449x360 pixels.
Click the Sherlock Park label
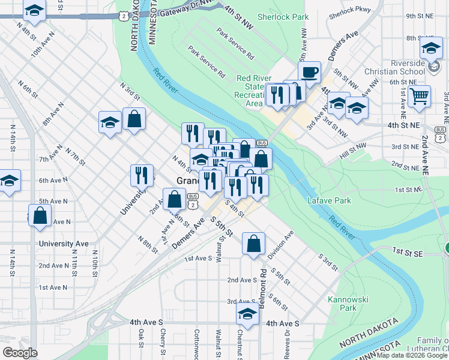tap(283, 17)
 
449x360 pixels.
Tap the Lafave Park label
tap(329, 200)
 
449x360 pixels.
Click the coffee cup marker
tap(310, 73)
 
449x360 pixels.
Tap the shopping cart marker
tap(419, 95)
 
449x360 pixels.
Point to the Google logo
tap(20, 353)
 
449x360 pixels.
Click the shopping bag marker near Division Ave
tap(253, 243)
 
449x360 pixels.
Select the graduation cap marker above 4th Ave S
tap(247, 314)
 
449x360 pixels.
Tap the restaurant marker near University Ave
tap(141, 175)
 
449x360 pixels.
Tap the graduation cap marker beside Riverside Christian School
tap(430, 48)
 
